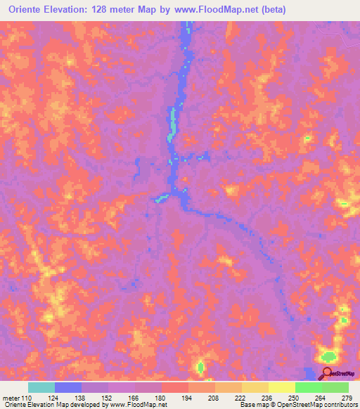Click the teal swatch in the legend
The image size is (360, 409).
tap(41, 387)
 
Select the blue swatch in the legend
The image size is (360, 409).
tap(68, 387)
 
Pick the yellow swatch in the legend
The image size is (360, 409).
tap(282, 387)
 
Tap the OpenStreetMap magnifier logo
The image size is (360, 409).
tap(328, 374)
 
